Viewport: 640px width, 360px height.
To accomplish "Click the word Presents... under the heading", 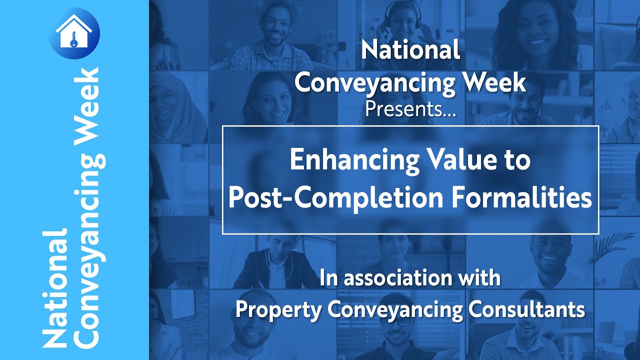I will (x=410, y=108).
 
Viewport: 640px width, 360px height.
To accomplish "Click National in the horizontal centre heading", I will (x=410, y=50).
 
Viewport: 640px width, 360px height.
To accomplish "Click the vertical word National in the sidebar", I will (x=55, y=289).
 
